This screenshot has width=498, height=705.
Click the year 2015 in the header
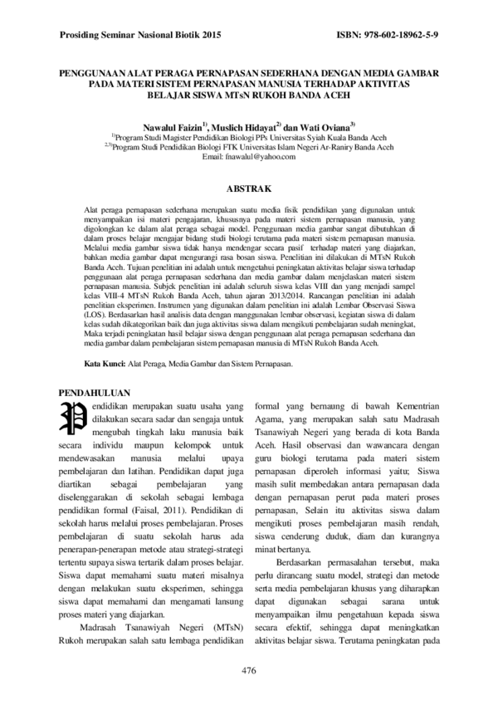pos(207,37)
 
